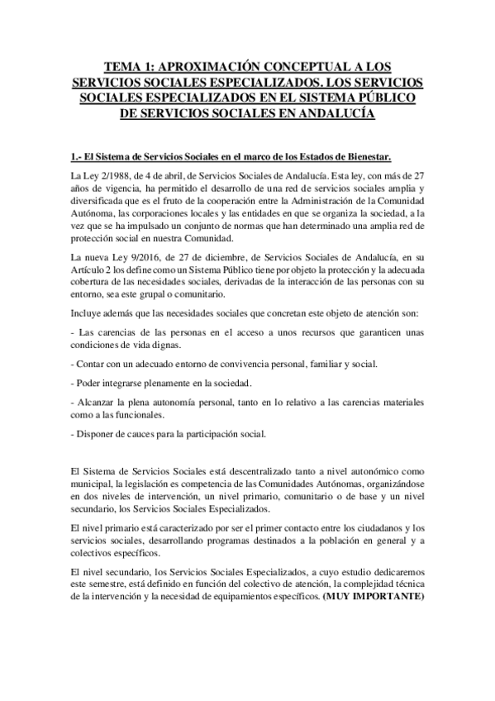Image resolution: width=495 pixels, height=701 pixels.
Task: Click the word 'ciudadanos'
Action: pyautogui.click(x=377, y=527)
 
